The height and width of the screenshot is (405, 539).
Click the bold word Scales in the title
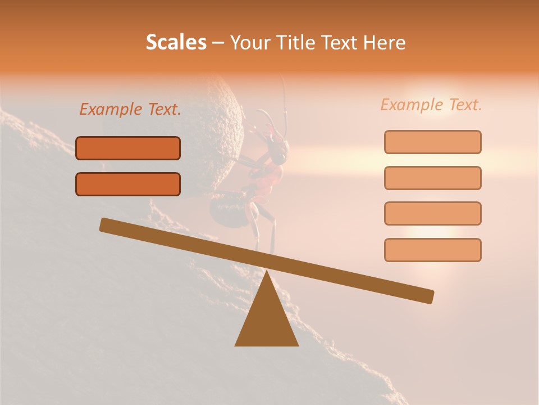(x=176, y=42)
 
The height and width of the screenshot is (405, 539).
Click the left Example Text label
(x=130, y=110)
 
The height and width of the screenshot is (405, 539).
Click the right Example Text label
(x=431, y=105)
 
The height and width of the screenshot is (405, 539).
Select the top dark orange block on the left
(x=128, y=148)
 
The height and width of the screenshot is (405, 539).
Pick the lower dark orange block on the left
(x=128, y=184)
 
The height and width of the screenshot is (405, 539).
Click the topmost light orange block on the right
(x=432, y=142)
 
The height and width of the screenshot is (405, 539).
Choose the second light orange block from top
(x=432, y=178)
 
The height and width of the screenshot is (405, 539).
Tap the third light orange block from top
(x=432, y=213)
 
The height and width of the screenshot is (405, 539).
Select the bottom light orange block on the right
(x=432, y=250)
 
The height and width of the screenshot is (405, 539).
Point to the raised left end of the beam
(x=107, y=225)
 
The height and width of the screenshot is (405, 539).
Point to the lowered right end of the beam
(x=427, y=296)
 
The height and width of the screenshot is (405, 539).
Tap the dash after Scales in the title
(x=218, y=43)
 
